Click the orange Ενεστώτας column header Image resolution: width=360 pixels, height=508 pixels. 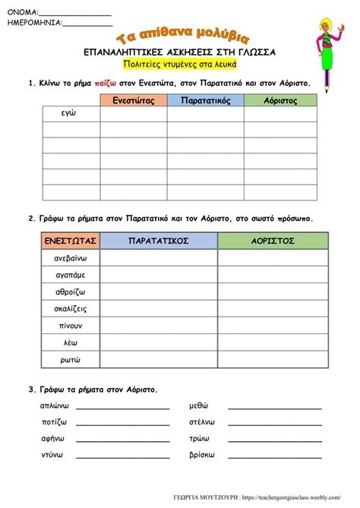(x=134, y=100)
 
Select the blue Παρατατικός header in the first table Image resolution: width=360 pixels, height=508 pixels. (x=205, y=100)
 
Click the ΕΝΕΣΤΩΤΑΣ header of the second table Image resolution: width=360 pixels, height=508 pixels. (x=71, y=241)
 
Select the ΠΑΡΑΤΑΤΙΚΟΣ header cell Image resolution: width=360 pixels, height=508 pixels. (x=158, y=241)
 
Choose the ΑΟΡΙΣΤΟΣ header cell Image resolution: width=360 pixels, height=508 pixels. (x=273, y=241)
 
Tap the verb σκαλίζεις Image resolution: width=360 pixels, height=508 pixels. (x=71, y=309)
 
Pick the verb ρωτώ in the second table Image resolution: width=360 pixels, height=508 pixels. (x=71, y=359)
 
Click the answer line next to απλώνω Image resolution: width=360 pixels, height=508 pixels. (x=123, y=409)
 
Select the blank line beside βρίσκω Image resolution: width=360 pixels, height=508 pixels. (x=275, y=458)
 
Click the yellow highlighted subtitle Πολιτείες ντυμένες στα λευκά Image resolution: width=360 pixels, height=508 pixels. (x=180, y=65)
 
